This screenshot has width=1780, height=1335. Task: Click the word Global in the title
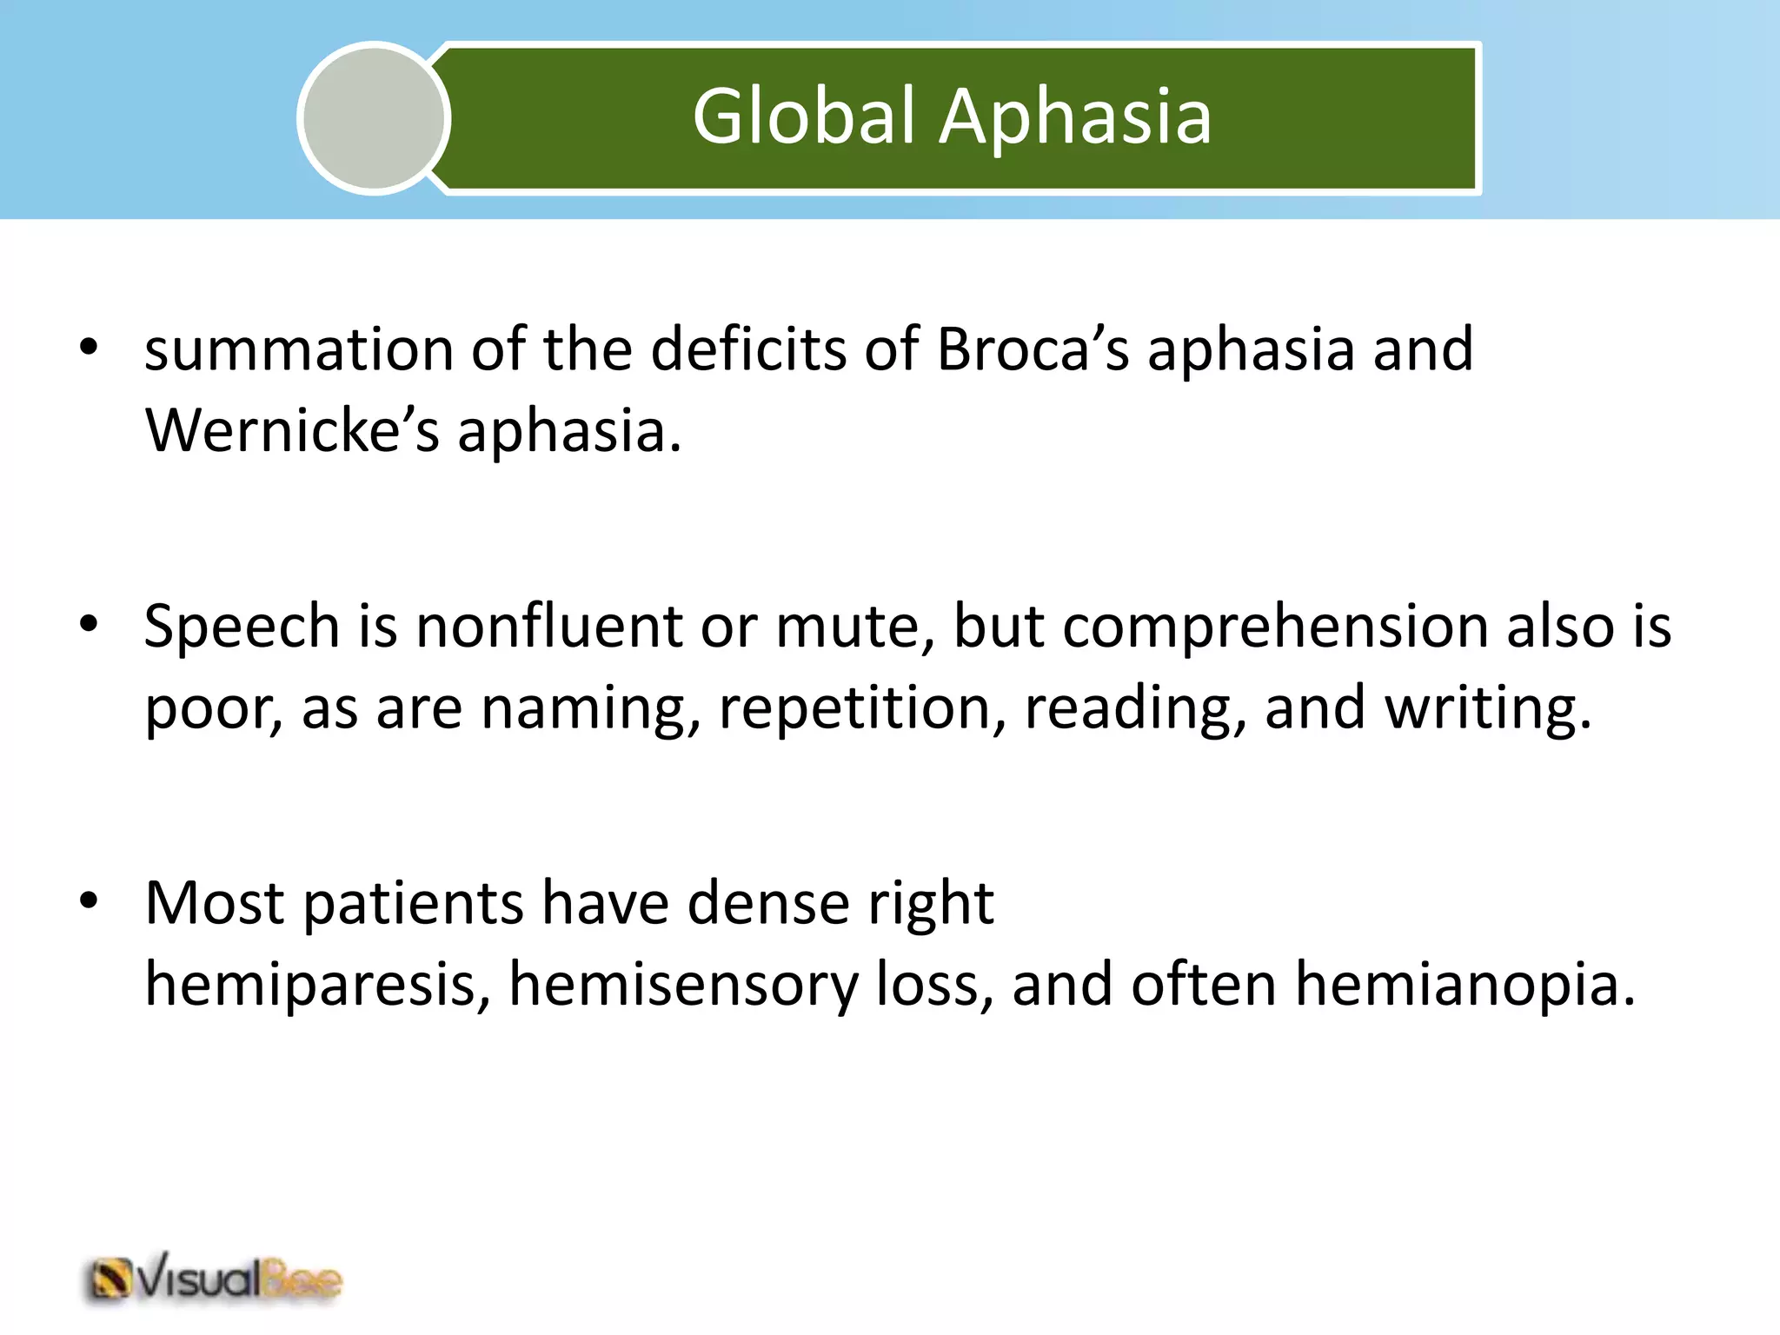[804, 117]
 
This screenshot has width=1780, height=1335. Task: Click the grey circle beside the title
[375, 119]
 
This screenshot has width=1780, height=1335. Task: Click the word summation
[298, 349]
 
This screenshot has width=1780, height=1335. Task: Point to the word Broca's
[1033, 349]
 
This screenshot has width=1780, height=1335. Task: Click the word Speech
[242, 628]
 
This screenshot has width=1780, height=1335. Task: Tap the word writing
[1487, 708]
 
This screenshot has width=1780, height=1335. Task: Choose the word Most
[214, 903]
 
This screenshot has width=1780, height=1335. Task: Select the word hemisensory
[683, 985]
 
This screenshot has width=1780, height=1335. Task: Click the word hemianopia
[1464, 985]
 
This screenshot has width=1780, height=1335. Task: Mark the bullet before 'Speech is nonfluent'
[89, 624]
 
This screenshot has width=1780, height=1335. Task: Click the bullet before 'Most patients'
[89, 900]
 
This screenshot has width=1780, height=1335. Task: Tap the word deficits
[748, 349]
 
